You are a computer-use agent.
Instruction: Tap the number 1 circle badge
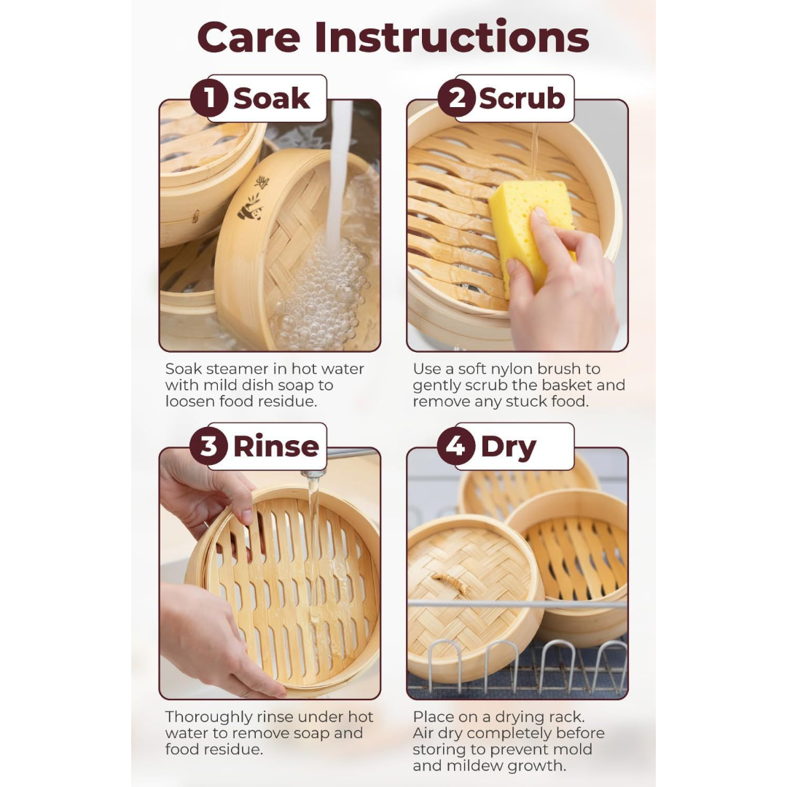point(209,98)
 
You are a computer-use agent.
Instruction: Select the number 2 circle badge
point(457,98)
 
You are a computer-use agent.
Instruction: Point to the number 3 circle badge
point(209,446)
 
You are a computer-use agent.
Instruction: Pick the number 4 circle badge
point(456,446)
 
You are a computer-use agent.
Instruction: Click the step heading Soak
point(272,98)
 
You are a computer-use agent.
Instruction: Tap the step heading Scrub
point(522,98)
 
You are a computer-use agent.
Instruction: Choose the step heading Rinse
point(276,446)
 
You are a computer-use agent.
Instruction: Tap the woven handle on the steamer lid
point(450,584)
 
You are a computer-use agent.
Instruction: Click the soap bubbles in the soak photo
point(321,291)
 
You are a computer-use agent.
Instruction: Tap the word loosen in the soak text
point(187,402)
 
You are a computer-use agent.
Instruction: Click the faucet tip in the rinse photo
point(313,474)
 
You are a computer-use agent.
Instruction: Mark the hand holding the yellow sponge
point(562,281)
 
